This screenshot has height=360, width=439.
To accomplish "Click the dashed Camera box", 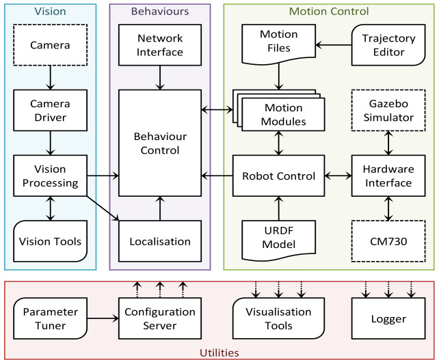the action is coord(51,45).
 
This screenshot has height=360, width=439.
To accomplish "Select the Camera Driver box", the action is coord(51,110).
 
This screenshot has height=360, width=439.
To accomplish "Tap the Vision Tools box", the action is coord(51,241).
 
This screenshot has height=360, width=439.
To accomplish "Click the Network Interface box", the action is coord(160,45).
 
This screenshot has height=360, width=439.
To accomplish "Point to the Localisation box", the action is coord(160,241).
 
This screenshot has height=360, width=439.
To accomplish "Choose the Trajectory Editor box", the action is coord(388,45).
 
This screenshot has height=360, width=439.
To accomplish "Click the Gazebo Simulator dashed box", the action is coord(388,110).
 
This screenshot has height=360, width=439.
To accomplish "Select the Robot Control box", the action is coord(278,176).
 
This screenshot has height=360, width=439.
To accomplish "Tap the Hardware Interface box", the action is coord(388,176).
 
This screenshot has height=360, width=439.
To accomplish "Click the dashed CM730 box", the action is coord(388,241).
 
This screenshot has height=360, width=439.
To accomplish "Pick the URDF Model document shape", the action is coord(278,240).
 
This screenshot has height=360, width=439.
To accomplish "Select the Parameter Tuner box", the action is coord(51,318).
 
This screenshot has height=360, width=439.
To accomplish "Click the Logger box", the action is coord(388,318).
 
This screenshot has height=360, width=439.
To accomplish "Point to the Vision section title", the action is coord(50,11).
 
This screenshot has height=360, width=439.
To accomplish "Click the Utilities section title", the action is coord(219,352).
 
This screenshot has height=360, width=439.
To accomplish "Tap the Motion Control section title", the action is coord(329,11).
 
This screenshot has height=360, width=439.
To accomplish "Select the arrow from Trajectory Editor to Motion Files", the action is coord(334,45).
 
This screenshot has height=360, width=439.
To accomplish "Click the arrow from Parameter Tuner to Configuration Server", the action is coord(103,318).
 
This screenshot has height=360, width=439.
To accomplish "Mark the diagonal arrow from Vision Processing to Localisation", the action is coord(103,208).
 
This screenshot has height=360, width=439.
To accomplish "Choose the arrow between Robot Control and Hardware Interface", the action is coord(338,176).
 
